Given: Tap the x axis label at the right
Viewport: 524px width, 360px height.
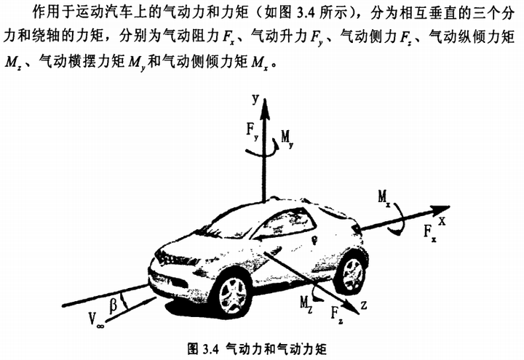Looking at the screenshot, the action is click(442, 217).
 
